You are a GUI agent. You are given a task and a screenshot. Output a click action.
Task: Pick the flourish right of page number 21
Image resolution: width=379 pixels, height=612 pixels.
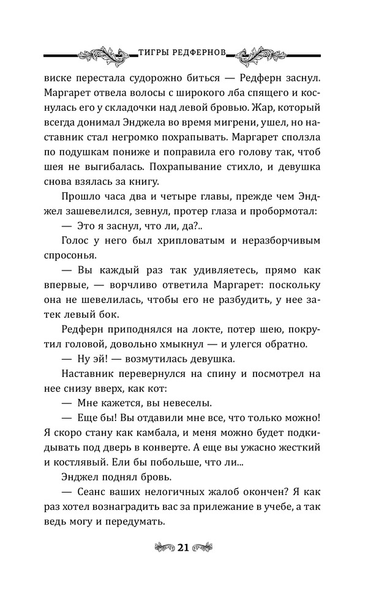click(209, 547)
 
